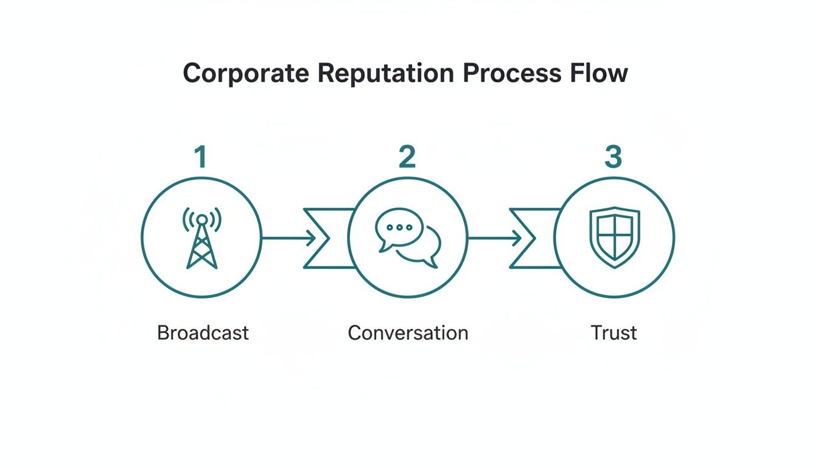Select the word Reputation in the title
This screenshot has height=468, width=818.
385,74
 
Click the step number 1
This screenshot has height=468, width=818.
200,157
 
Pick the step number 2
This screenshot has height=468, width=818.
407,157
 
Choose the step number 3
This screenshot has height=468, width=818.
613,157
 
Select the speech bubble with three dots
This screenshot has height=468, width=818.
399,228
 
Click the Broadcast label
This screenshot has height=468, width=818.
203,333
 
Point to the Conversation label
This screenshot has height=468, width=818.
408,333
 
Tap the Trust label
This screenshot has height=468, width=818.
613,333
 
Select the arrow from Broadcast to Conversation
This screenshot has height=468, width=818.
288,238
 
